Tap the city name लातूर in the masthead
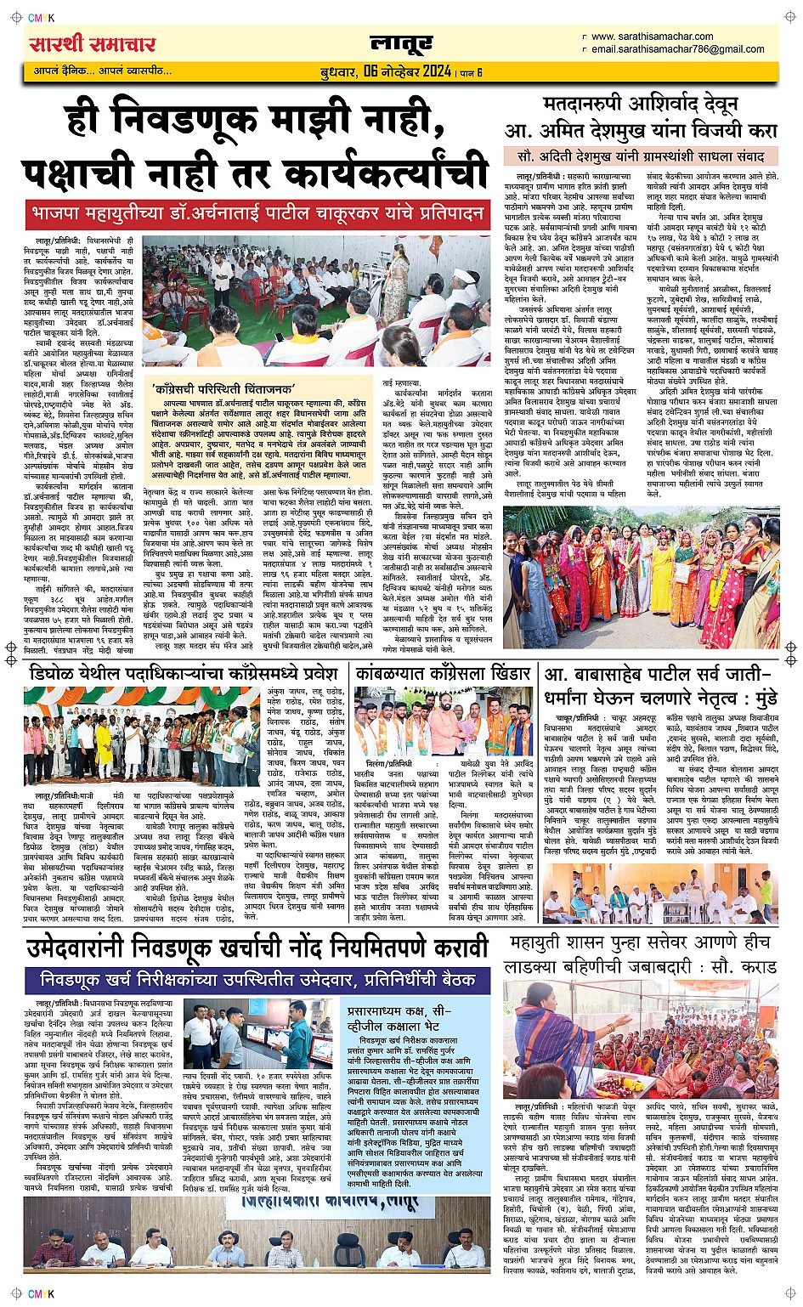(x=401, y=44)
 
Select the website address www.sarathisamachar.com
(x=652, y=37)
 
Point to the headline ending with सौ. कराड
(x=640, y=954)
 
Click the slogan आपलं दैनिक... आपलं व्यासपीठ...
(x=97, y=71)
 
